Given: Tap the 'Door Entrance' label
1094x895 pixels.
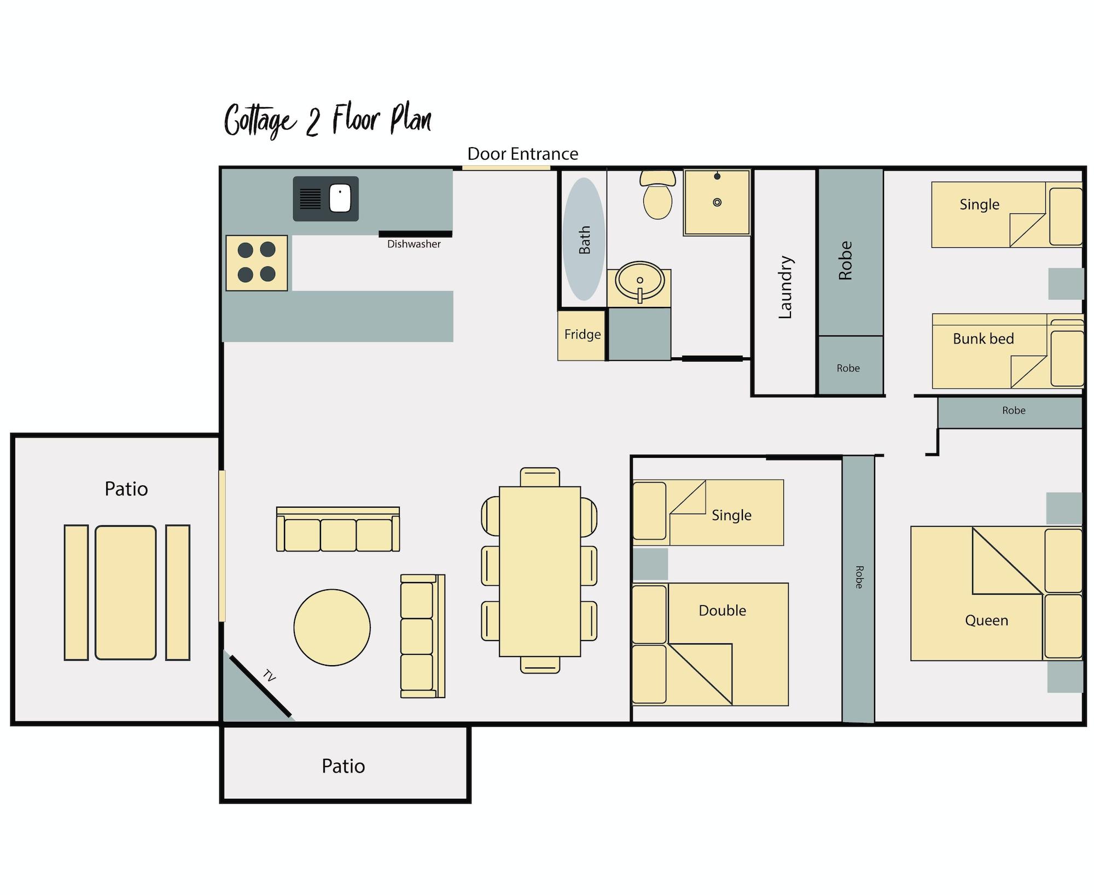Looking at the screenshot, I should click(522, 154).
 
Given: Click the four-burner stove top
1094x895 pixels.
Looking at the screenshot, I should click(257, 263).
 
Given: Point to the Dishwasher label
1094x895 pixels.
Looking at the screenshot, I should click(414, 244).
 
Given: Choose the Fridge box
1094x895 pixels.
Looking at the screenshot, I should click(582, 334).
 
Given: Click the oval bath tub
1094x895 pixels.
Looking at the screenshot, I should click(584, 239).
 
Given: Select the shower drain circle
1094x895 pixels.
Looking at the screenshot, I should click(717, 202).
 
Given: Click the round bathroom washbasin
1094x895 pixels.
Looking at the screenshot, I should click(639, 281).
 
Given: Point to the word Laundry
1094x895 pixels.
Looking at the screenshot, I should click(785, 287).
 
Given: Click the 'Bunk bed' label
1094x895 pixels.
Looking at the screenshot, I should click(983, 339).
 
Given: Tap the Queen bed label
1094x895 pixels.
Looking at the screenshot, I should click(986, 620).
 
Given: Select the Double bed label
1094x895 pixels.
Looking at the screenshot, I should click(722, 611).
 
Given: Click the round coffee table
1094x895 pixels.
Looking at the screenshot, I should click(332, 627).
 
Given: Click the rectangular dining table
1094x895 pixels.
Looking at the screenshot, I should click(539, 571).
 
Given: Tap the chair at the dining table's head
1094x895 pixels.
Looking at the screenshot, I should click(540, 476).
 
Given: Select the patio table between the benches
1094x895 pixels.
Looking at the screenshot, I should click(126, 592).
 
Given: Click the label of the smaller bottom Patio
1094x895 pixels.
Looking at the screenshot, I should click(343, 766).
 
